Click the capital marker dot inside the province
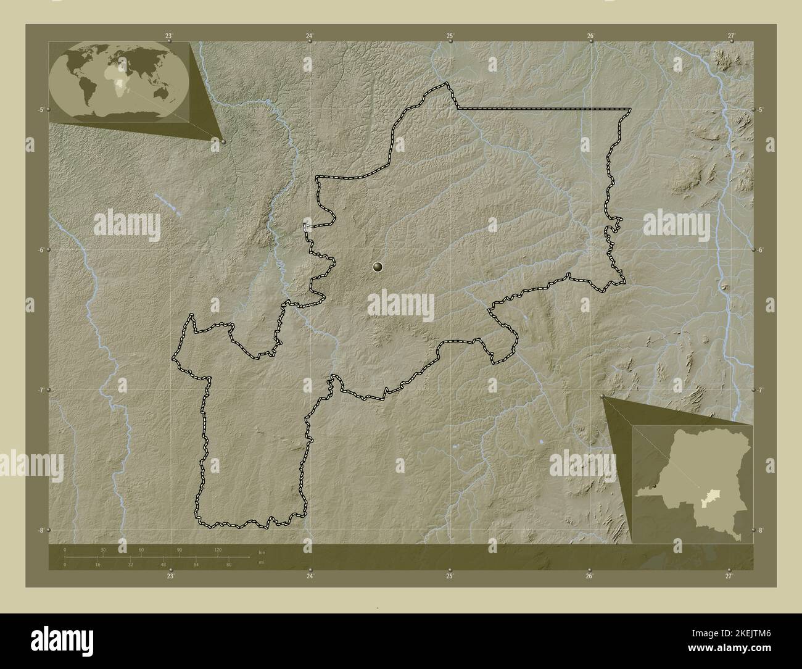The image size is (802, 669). (x=378, y=267)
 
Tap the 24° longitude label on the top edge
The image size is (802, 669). (x=309, y=36)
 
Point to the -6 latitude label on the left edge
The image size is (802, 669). (x=40, y=250)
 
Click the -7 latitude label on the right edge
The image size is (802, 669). (x=761, y=390)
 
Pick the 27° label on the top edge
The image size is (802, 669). (x=730, y=36)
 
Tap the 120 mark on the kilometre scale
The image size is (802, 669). (x=217, y=549)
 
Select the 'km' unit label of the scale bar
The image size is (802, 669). (x=262, y=552)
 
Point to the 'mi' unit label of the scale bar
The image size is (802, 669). (x=262, y=562)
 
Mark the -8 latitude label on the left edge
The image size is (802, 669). (x=40, y=530)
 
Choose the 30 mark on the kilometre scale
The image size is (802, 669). (x=103, y=549)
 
